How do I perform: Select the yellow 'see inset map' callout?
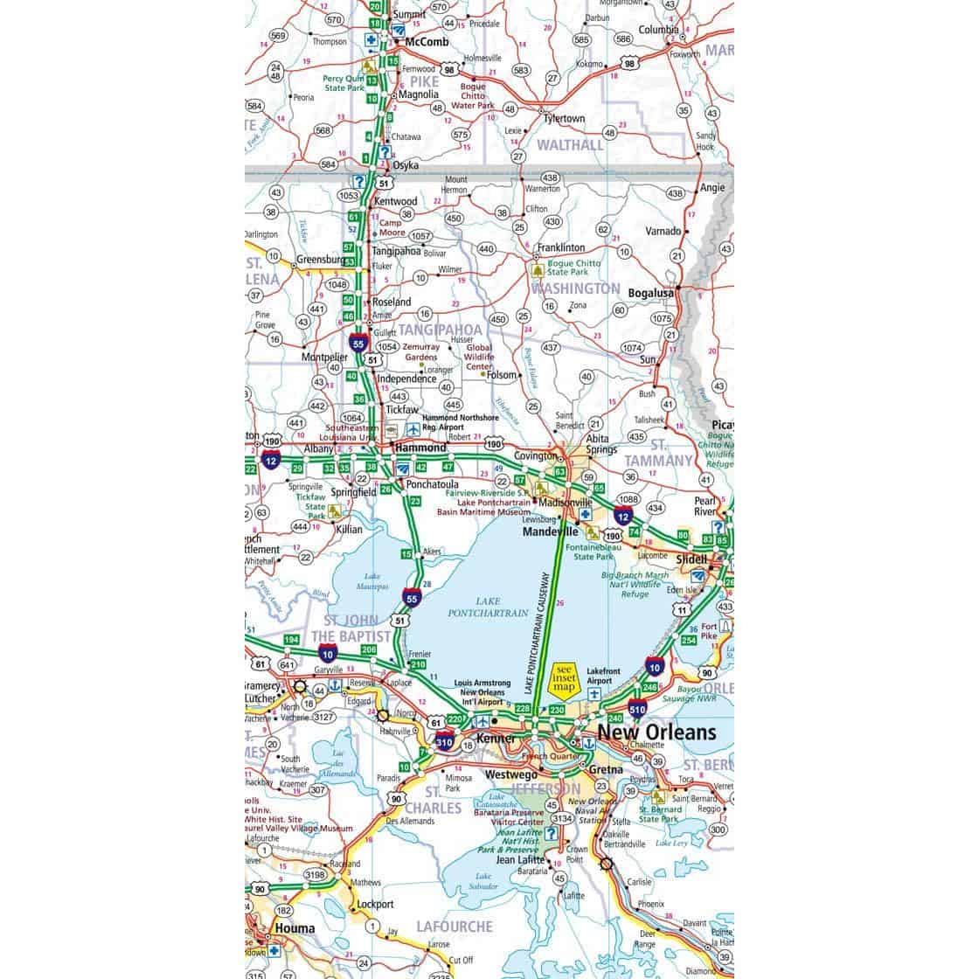(563, 679)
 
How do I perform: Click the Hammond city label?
(420, 448)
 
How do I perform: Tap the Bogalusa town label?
(651, 294)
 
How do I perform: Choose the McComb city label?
(427, 42)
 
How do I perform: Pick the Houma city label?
(294, 928)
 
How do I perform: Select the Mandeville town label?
(551, 531)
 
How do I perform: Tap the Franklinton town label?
(560, 247)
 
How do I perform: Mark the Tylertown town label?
(561, 119)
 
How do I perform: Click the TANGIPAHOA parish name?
(439, 330)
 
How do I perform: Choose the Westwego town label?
(511, 774)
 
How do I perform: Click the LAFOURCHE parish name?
(455, 926)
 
